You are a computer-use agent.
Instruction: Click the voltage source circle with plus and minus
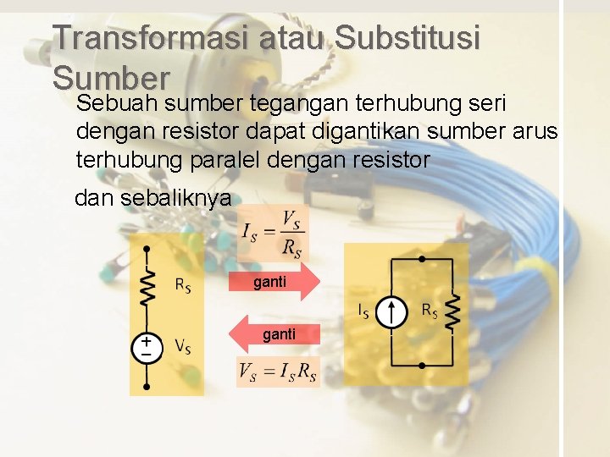coord(147,348)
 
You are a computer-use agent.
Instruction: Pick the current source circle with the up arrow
coord(391,312)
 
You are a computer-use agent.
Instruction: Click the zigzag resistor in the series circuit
coord(147,287)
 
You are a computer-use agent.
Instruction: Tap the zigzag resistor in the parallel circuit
coord(454,312)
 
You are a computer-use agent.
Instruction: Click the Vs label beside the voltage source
coord(182,345)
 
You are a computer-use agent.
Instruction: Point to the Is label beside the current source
coord(363,311)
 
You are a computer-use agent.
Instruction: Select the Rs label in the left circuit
coord(182,284)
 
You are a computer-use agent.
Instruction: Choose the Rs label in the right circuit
coord(430,311)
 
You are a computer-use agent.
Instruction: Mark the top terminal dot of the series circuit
coord(147,249)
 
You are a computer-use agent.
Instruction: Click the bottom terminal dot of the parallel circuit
coord(423,366)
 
